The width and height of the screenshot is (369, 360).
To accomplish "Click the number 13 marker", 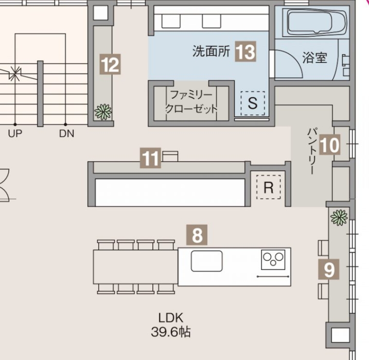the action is click(246, 52).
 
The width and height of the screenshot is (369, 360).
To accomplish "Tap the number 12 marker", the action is click(110, 64).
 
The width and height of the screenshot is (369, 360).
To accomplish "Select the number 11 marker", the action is click(150, 158).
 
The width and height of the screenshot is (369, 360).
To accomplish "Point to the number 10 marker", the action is click(330, 144).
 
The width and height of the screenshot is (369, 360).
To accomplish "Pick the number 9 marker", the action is click(329, 269).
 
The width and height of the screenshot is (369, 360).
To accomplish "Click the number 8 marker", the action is click(197, 235).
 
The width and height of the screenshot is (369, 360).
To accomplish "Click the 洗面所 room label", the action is click(211, 51).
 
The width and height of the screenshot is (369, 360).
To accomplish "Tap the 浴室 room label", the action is click(315, 57).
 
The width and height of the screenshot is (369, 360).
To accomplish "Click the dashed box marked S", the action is click(253, 103).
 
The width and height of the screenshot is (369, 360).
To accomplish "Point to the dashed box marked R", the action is click(268, 187).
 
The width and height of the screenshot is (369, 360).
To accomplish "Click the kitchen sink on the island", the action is click(207, 261).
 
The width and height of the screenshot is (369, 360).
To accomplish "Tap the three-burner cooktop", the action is click(273, 260).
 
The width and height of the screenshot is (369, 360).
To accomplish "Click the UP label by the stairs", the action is click(15, 133).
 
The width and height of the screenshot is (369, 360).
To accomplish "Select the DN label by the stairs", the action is click(67, 133).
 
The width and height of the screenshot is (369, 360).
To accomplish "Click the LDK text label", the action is click(171, 318).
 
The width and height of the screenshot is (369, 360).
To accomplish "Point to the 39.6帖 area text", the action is click(171, 332).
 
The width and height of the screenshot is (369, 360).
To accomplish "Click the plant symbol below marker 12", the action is click(103, 111).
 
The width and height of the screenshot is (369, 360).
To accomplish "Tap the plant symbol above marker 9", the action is click(339, 217).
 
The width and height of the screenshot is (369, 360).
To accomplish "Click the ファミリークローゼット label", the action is click(191, 102).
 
